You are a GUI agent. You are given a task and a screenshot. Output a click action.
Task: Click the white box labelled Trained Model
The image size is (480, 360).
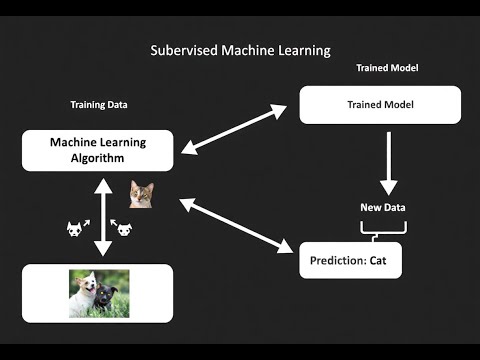click(x=380, y=104)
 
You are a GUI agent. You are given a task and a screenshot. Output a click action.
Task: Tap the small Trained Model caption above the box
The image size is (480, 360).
click(x=386, y=68)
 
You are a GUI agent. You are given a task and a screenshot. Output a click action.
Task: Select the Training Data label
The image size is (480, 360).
click(x=98, y=104)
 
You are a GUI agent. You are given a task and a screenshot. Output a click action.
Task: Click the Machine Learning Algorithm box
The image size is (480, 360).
click(x=97, y=149)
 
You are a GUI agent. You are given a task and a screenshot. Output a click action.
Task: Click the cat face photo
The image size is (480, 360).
click(x=141, y=193)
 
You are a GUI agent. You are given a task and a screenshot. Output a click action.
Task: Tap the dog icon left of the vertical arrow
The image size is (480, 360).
click(x=74, y=229)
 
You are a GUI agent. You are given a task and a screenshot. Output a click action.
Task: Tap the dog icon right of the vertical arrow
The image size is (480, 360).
click(x=123, y=229)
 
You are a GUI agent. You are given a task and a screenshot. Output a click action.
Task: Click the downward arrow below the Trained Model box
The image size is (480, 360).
click(x=388, y=160)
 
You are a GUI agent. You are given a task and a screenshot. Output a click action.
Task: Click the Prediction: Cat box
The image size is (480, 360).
click(x=350, y=260)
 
